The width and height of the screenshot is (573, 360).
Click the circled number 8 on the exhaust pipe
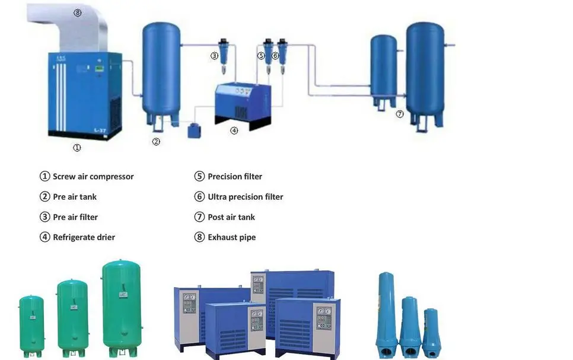click(x=78, y=13)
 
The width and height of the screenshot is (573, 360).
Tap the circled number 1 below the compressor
click(x=77, y=147)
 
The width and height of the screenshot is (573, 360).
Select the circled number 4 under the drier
click(x=234, y=130)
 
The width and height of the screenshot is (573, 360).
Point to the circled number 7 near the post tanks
click(x=400, y=114)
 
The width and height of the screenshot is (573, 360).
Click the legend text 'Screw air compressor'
click(x=93, y=176)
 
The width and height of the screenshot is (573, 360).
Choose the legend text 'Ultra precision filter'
click(x=245, y=196)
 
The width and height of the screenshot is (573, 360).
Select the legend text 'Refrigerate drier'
click(x=84, y=237)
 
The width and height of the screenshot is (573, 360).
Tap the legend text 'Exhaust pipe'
click(x=231, y=237)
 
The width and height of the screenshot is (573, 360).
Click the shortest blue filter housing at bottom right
click(x=430, y=331)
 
